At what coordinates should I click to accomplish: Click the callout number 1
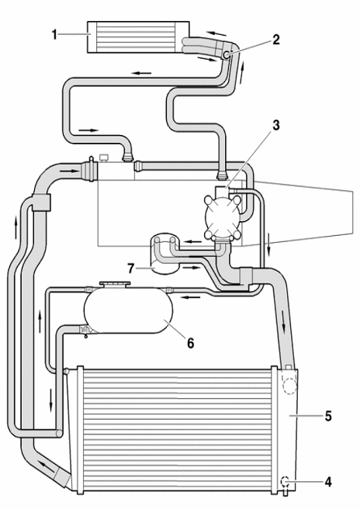pyautogui.click(x=54, y=34)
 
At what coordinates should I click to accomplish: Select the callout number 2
pyautogui.click(x=276, y=40)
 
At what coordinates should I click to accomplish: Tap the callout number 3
pyautogui.click(x=276, y=125)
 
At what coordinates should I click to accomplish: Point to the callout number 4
pyautogui.click(x=328, y=482)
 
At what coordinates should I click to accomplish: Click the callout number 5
pyautogui.click(x=328, y=416)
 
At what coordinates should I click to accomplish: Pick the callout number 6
pyautogui.click(x=191, y=343)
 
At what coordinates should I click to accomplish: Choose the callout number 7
pyautogui.click(x=130, y=268)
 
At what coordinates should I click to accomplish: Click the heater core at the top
pyautogui.click(x=139, y=36)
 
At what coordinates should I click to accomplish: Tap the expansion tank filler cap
pyautogui.click(x=115, y=284)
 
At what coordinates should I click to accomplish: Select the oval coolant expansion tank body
pyautogui.click(x=129, y=310)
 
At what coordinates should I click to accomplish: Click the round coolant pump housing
pyautogui.click(x=223, y=216)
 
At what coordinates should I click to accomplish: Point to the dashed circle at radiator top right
pyautogui.click(x=289, y=385)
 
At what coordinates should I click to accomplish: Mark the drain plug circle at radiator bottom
pyautogui.click(x=285, y=481)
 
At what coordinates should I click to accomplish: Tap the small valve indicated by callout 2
pyautogui.click(x=227, y=54)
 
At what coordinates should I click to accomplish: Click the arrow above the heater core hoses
pyautogui.click(x=216, y=33)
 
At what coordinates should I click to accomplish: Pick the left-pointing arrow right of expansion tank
pyautogui.click(x=189, y=297)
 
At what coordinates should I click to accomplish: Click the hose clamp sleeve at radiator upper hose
pyautogui.click(x=246, y=275)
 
